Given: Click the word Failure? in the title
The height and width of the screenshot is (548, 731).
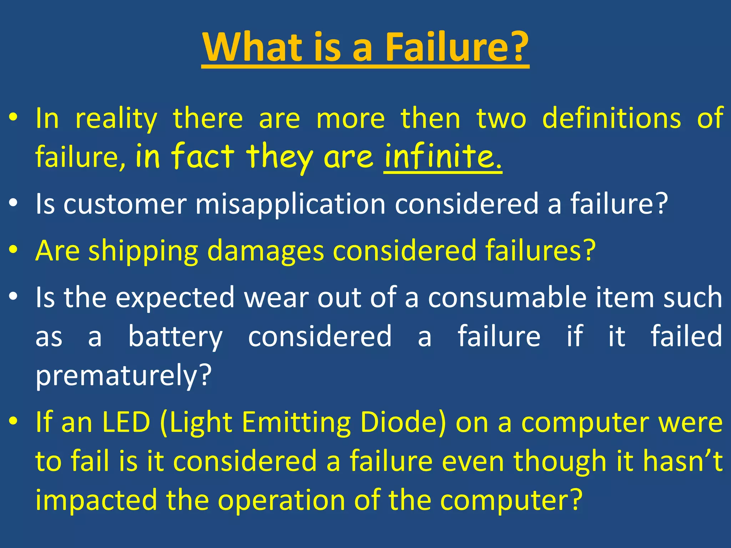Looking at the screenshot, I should [x=457, y=47].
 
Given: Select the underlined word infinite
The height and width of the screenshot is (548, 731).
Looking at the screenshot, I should [x=443, y=157].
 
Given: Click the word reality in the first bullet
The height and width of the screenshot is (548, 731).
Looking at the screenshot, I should [x=116, y=119].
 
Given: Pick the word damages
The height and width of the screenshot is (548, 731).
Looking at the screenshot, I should [x=266, y=252].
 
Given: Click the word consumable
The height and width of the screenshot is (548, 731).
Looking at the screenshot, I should [x=507, y=298].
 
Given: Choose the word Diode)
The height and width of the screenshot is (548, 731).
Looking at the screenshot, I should [x=403, y=422].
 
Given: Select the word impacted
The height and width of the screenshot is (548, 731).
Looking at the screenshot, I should [x=96, y=500].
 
